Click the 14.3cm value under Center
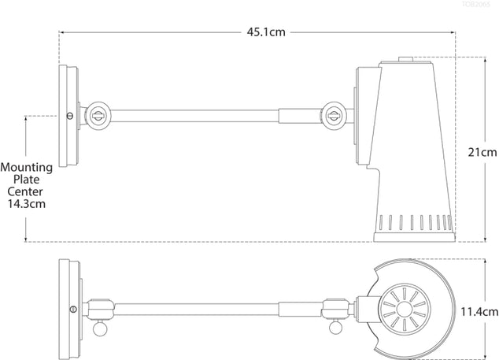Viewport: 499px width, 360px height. pyautogui.click(x=26, y=203)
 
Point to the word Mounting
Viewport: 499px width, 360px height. pyautogui.click(x=27, y=167)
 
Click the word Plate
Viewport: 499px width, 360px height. pyautogui.click(x=26, y=179)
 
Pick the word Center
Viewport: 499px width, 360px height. pyautogui.click(x=26, y=191)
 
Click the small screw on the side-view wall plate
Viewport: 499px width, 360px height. pyautogui.click(x=72, y=115)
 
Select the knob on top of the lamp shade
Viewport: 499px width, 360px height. pyautogui.click(x=405, y=58)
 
